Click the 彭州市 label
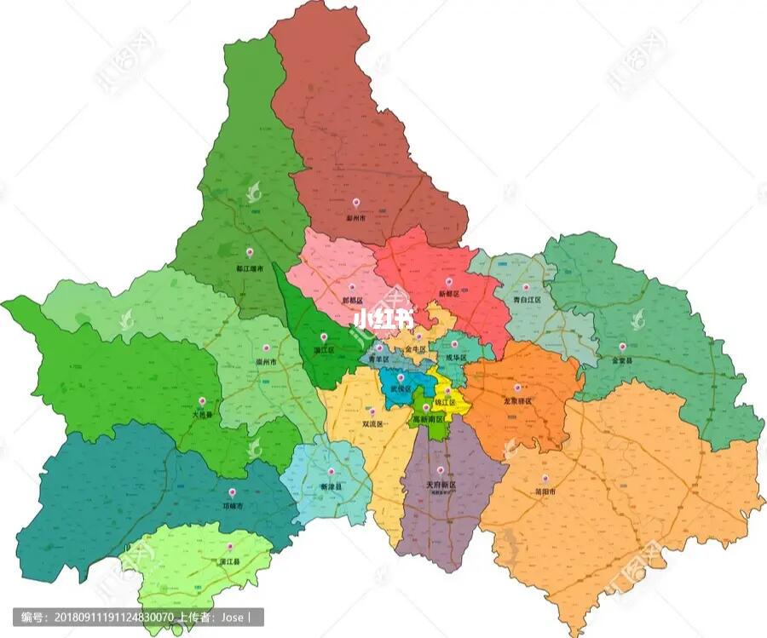click(355, 218)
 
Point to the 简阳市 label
click(546, 492)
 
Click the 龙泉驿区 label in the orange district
click(516, 401)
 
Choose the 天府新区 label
click(441, 485)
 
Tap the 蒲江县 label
click(229, 562)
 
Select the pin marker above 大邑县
click(203, 400)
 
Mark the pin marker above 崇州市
click(267, 348)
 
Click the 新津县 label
click(332, 486)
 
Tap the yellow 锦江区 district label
click(447, 401)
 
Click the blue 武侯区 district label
click(400, 388)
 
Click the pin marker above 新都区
click(449, 280)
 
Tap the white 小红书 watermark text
click(383, 319)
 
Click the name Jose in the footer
click(233, 617)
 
